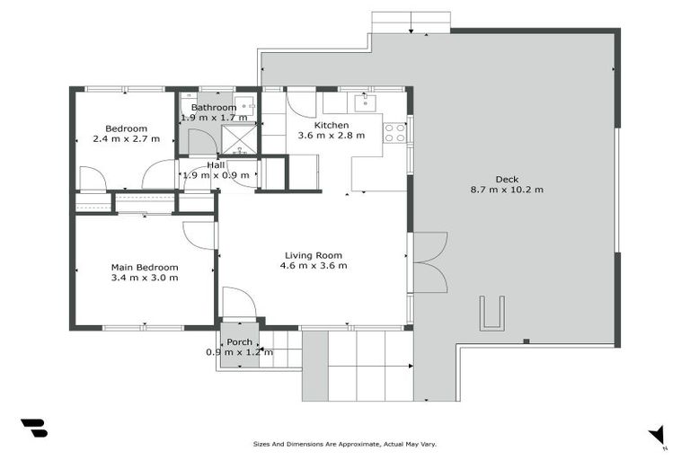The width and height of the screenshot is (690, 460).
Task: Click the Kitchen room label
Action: (x=331, y=125)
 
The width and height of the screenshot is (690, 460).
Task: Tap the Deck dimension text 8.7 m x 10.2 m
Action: (x=507, y=190)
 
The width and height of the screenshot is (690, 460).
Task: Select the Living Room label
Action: (x=314, y=255)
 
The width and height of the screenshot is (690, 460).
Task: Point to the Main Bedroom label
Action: (x=144, y=267)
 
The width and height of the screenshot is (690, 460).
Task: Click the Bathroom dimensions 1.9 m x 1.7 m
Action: (x=214, y=118)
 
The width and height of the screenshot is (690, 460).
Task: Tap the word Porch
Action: (x=239, y=342)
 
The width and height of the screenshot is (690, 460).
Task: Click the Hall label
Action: (x=216, y=165)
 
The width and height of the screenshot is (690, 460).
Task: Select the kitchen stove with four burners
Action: (x=394, y=132)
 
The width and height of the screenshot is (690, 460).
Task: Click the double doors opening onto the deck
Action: (x=429, y=261)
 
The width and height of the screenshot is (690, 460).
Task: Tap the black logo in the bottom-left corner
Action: (x=33, y=429)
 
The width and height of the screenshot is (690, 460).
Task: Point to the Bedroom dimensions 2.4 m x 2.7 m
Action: (x=126, y=139)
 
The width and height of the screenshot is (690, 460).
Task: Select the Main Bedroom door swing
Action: (x=199, y=235)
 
